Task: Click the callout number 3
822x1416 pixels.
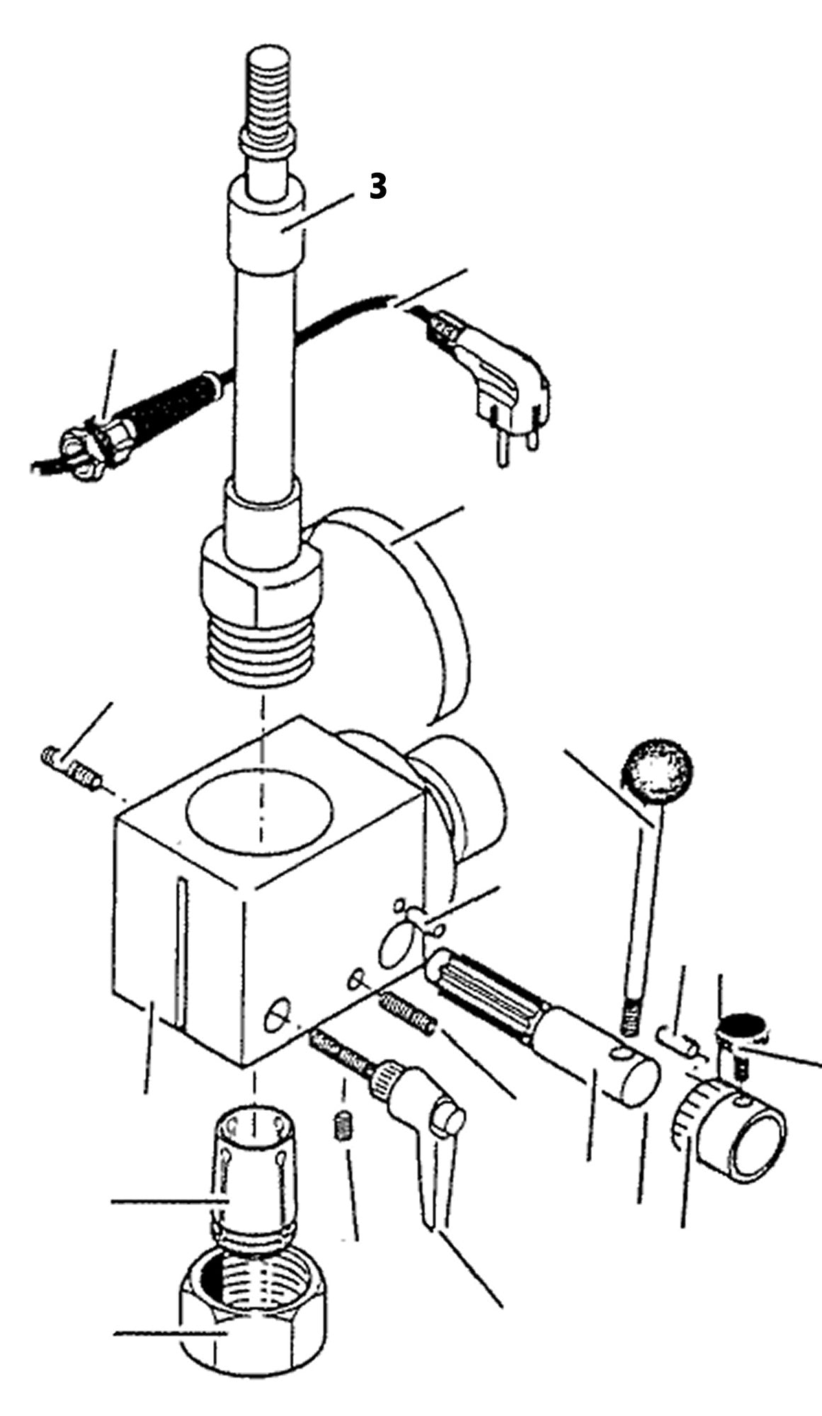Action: point(379,187)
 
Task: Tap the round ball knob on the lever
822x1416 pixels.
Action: point(658,771)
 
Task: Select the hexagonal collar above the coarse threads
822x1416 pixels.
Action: point(262,577)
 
